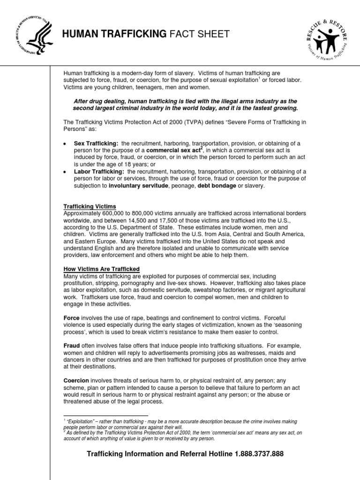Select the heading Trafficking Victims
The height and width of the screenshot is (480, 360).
tap(90, 207)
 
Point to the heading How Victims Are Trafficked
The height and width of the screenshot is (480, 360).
tap(102, 269)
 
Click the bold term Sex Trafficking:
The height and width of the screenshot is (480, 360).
tap(96, 143)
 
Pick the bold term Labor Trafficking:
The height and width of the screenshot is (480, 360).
tap(98, 172)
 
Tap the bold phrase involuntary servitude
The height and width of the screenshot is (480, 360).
tap(138, 186)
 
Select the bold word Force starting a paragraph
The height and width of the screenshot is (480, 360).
tap(72, 318)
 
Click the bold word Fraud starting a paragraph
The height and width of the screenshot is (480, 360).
tap(72, 345)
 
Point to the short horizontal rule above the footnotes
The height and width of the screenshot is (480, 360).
tap(105, 415)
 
